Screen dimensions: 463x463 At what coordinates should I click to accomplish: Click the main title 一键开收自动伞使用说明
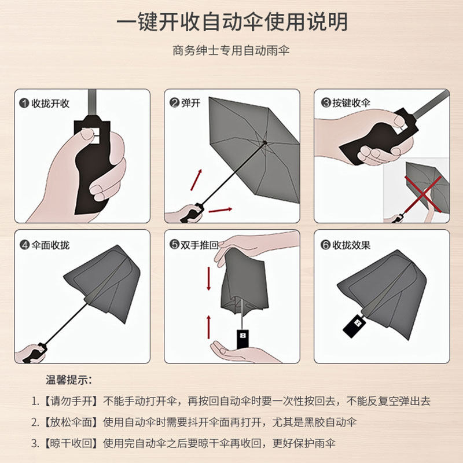coord(231,22)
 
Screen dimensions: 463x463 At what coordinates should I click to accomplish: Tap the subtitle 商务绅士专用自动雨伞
coord(231,50)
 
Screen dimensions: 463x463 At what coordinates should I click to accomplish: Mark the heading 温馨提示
coord(69,380)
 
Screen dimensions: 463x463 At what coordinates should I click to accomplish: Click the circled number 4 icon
coord(24,245)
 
